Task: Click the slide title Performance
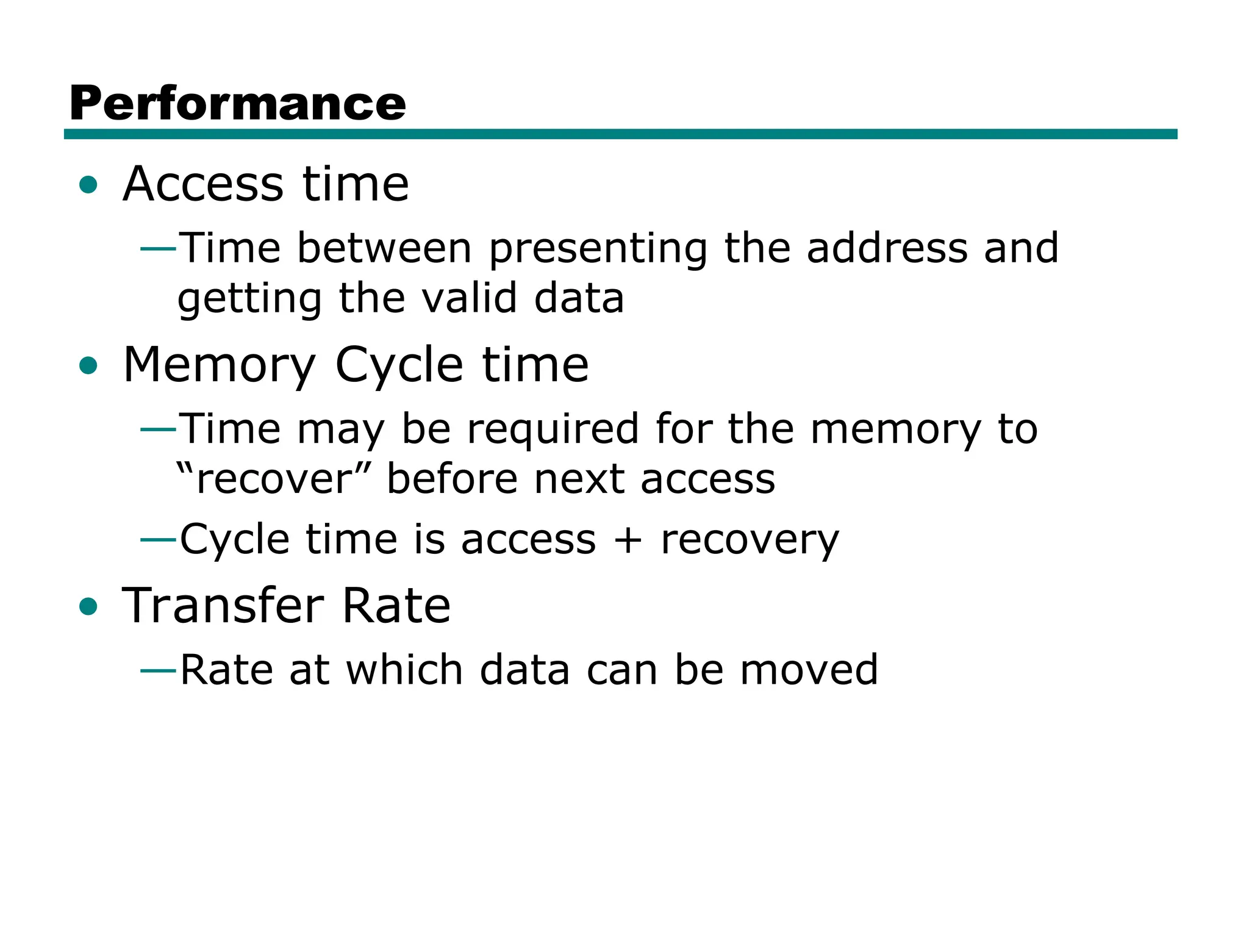(237, 104)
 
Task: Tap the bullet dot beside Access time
(88, 184)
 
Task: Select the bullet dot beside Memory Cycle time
(88, 365)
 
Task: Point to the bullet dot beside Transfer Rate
(88, 606)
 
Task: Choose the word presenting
(598, 249)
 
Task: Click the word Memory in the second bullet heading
(219, 365)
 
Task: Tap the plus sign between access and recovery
(628, 540)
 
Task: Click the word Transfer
(223, 606)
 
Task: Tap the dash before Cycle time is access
(158, 540)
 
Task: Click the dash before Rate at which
(158, 671)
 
